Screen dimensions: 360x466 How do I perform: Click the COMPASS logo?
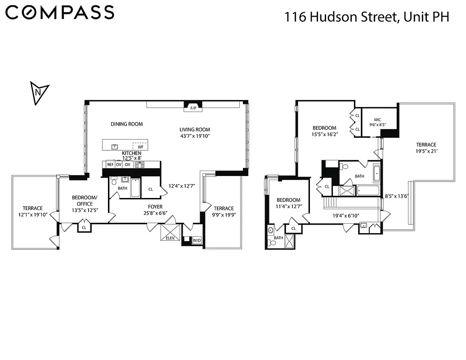(60, 13)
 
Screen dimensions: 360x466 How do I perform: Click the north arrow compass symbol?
(39, 93)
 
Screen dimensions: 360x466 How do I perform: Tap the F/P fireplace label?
(193, 108)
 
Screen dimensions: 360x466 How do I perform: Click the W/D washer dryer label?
(197, 241)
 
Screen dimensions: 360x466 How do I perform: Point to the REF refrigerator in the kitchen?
(110, 165)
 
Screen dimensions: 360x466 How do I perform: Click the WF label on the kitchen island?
(140, 147)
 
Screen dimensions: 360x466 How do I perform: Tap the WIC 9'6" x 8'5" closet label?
(377, 122)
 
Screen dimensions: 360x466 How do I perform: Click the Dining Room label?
(126, 124)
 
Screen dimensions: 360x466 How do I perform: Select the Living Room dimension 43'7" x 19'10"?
(195, 135)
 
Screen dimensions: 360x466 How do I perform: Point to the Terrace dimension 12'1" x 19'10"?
(33, 215)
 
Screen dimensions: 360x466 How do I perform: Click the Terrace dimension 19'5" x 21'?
(426, 151)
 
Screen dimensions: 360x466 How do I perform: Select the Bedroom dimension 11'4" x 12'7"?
(288, 207)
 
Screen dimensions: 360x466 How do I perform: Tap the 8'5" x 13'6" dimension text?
(396, 196)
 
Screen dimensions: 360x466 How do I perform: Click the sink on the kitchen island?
(115, 146)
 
